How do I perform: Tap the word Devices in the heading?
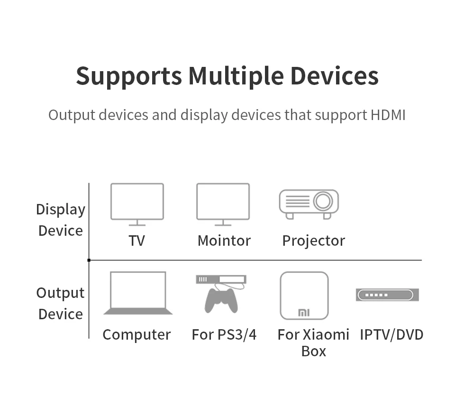pyautogui.click(x=334, y=76)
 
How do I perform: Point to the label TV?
pyautogui.click(x=136, y=241)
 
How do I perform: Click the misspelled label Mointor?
pyautogui.click(x=224, y=241)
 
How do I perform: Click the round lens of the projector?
pyautogui.click(x=323, y=201)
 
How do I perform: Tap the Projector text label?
pyautogui.click(x=313, y=241)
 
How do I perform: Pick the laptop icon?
pyautogui.click(x=137, y=293)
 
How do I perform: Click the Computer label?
pyautogui.click(x=136, y=334)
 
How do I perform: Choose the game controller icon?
pyautogui.click(x=221, y=300)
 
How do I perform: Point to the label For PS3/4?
pyautogui.click(x=224, y=334)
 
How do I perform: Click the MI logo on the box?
pyautogui.click(x=303, y=313)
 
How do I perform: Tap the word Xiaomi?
pyautogui.click(x=326, y=334)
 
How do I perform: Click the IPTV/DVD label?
pyautogui.click(x=391, y=334)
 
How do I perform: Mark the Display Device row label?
pyautogui.click(x=61, y=220)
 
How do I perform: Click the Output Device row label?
pyautogui.click(x=60, y=304)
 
